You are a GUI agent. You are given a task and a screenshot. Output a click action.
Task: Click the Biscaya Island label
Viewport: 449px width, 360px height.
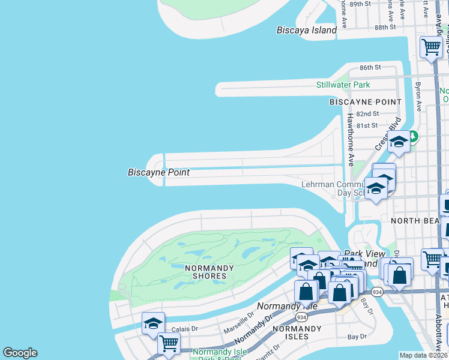coord(307,30)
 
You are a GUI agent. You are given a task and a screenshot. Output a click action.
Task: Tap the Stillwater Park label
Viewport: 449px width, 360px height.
coord(343,85)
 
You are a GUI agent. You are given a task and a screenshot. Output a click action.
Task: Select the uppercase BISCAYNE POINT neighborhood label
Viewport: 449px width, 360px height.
coord(365,102)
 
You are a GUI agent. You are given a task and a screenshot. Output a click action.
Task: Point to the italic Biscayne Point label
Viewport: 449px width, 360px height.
coord(158,172)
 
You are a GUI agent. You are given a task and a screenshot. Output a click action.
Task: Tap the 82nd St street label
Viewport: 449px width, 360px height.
coord(367,113)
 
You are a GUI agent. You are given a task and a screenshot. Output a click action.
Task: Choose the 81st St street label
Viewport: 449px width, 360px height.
coord(367,125)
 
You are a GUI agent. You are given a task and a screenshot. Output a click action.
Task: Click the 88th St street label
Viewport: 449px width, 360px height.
coord(385,27)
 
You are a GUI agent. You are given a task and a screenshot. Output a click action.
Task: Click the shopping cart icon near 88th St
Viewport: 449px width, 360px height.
coord(431,47)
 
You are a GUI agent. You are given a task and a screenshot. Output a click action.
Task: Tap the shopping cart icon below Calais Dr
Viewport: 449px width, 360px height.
coord(169,344)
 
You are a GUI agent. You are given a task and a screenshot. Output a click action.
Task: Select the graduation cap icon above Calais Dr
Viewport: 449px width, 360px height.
coord(153,323)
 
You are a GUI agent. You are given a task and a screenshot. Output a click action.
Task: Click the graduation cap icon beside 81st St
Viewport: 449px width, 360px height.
coord(398,142)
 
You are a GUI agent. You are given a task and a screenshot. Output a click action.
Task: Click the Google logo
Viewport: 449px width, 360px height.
coord(20,353)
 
